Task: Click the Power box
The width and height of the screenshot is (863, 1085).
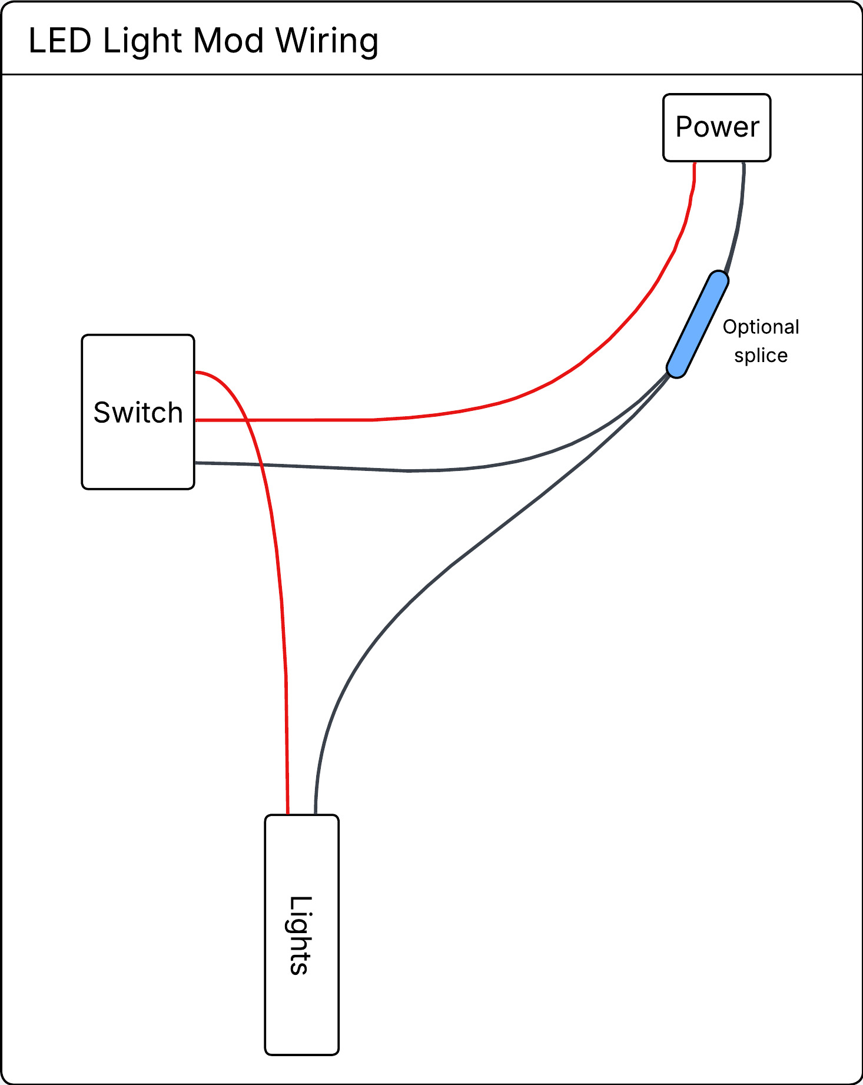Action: click(x=716, y=127)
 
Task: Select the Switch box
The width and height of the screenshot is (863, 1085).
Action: click(x=138, y=412)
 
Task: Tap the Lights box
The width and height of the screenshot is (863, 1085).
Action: click(x=301, y=935)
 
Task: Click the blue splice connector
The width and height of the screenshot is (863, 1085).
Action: click(x=698, y=324)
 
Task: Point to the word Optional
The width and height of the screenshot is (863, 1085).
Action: click(x=761, y=327)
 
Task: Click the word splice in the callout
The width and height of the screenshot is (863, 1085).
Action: click(x=761, y=356)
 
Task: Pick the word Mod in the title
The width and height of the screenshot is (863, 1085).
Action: click(x=228, y=41)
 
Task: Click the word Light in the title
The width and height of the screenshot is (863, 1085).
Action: click(x=142, y=42)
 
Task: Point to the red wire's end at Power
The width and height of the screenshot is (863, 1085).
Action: click(x=695, y=163)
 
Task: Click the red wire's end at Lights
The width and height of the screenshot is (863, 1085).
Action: click(x=288, y=814)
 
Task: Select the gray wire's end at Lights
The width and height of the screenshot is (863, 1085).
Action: click(x=316, y=814)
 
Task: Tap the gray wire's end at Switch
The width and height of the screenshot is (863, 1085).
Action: click(x=196, y=463)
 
